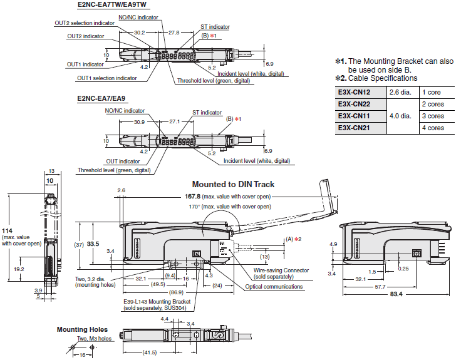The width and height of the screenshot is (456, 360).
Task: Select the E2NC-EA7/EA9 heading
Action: click(101, 99)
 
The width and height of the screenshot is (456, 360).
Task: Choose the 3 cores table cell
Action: click(433, 116)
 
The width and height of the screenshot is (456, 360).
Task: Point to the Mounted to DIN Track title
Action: click(233, 185)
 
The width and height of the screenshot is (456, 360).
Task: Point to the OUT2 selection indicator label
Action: click(85, 23)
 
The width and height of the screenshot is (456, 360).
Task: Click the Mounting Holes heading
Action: click(82, 329)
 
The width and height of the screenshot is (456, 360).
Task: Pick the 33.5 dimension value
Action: click(94, 244)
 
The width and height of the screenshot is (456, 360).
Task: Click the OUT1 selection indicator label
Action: click(106, 78)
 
